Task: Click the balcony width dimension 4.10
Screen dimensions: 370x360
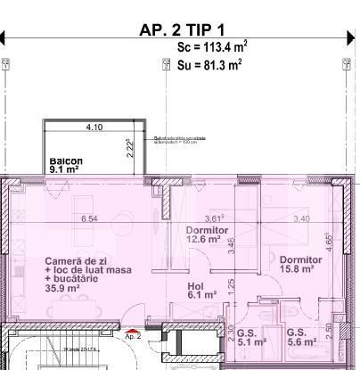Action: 94,127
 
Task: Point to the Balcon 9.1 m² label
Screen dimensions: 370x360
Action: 66,165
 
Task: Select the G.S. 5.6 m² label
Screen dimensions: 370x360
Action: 298,336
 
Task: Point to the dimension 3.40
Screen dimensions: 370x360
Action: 300,218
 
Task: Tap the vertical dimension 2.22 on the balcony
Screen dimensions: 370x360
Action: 130,146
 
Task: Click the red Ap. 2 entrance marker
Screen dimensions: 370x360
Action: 133,334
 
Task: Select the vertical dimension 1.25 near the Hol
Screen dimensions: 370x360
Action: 231,285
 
